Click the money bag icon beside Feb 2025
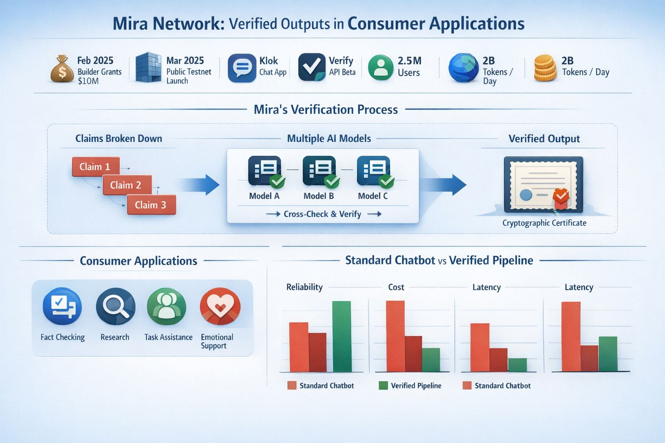(62, 69)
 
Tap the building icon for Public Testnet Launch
(148, 68)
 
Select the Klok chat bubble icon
(242, 68)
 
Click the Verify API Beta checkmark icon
(312, 67)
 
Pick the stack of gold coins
(545, 68)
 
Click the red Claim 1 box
(95, 167)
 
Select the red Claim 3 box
(151, 205)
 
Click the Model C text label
(373, 196)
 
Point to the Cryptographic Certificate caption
(544, 223)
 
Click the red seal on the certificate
(561, 197)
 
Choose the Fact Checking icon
(62, 306)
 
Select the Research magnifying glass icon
(115, 306)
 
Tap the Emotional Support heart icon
(220, 306)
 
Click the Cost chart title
(396, 287)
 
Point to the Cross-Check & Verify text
(322, 214)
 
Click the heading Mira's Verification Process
(326, 109)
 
